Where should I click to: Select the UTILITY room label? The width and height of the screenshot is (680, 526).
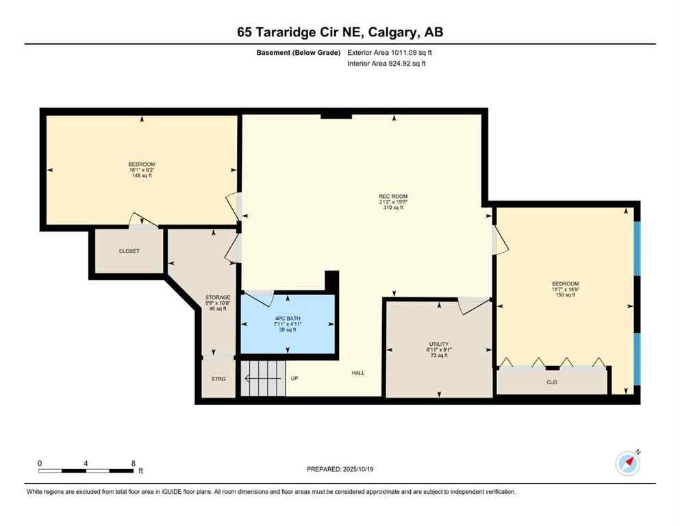(x=438, y=344)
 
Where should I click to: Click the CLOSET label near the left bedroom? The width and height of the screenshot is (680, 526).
(x=129, y=251)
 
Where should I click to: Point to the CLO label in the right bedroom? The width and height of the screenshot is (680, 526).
(x=552, y=382)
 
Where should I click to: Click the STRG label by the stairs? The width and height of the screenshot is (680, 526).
(x=218, y=379)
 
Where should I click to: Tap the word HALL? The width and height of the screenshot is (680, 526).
(x=358, y=373)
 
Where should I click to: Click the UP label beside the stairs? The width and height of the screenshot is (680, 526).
(x=294, y=377)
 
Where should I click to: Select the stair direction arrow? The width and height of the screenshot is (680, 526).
(x=264, y=377)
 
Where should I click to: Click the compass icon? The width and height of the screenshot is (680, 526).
(x=628, y=463)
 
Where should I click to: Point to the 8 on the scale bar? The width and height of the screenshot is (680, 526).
(x=133, y=463)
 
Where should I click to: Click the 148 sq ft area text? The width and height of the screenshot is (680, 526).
(x=142, y=176)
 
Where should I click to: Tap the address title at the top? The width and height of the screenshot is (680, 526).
(x=340, y=32)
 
